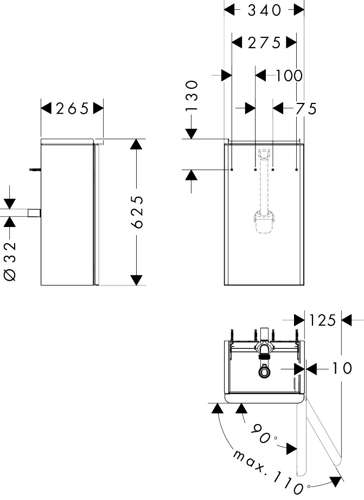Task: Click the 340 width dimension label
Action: (264, 10)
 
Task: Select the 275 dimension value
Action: (264, 43)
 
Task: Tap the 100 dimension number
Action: (289, 76)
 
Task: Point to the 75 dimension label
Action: (305, 109)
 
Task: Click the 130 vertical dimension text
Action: (192, 95)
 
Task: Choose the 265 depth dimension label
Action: (72, 109)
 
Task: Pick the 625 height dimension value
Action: (137, 212)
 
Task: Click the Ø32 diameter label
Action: (10, 262)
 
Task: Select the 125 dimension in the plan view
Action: (322, 320)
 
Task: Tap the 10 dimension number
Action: (342, 368)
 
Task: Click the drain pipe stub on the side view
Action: (35, 213)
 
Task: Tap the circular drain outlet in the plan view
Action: (264, 372)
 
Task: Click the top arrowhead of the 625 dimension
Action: (136, 144)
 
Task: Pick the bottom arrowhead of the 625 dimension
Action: (136, 280)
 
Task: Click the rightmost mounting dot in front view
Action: (297, 170)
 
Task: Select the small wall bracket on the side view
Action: (35, 170)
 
